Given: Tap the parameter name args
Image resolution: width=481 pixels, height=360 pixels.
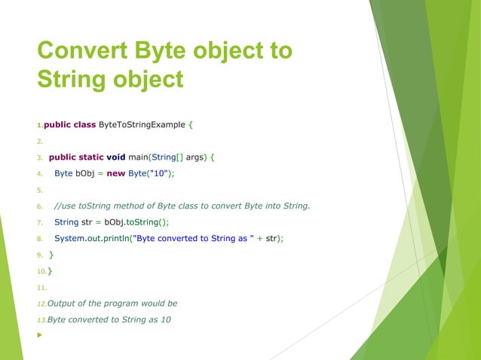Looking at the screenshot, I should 195,157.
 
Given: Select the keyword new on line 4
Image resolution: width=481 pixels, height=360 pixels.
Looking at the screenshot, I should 115,173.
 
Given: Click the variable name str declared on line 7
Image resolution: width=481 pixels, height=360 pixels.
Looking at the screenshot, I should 87,221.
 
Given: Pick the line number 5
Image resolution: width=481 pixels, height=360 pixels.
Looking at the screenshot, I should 39,190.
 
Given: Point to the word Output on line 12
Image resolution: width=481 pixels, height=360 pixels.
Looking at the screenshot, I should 63,303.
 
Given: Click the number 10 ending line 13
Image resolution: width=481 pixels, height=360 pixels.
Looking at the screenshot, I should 164,319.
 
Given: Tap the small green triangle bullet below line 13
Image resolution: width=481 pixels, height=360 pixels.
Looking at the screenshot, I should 39,335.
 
